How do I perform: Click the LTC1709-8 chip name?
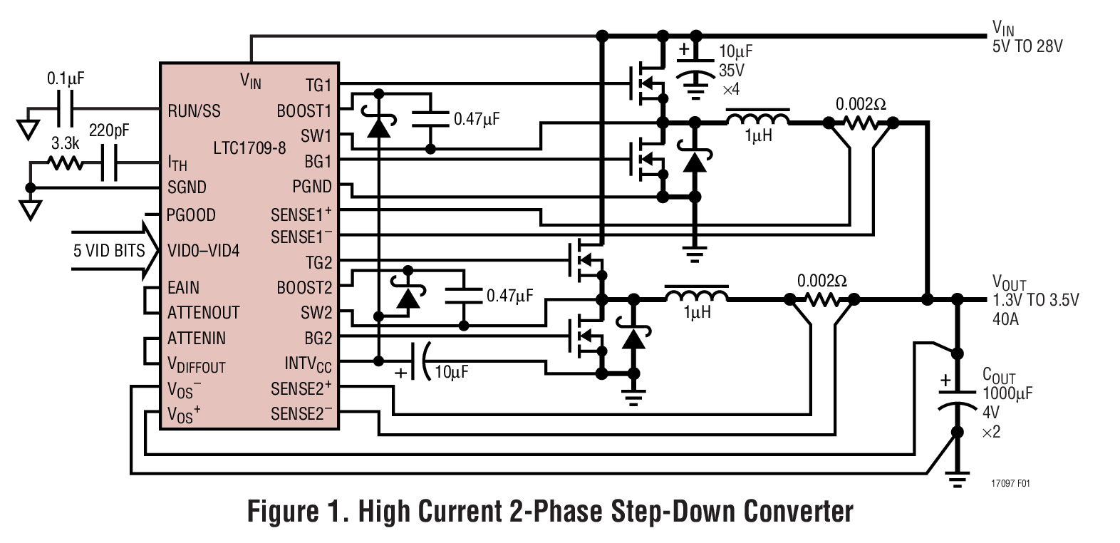pos(249,148)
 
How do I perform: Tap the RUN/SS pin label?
pos(194,110)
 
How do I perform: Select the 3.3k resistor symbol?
pos(66,163)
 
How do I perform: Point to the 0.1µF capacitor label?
pos(66,78)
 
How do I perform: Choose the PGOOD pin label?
pos(191,214)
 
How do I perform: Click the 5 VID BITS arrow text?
pos(108,250)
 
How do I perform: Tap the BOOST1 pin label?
pos(304,111)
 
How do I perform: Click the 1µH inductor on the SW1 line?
pos(757,118)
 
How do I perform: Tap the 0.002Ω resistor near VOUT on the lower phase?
pos(821,300)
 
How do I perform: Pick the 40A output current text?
pos(1005,319)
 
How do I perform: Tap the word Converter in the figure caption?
pos(797,512)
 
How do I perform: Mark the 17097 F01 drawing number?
pos(1010,483)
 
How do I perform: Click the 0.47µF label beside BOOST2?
pos(509,295)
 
